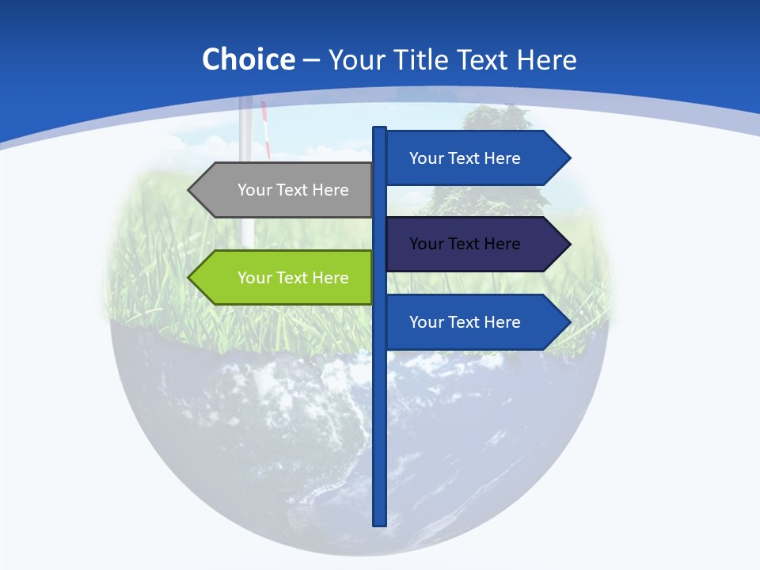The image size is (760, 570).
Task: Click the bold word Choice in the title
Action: [248, 59]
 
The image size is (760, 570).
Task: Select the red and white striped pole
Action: [267, 131]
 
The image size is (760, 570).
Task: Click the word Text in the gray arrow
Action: [292, 190]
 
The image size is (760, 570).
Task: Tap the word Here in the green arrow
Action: [330, 278]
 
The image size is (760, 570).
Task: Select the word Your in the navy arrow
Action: [426, 244]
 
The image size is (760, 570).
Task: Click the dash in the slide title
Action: [311, 60]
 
